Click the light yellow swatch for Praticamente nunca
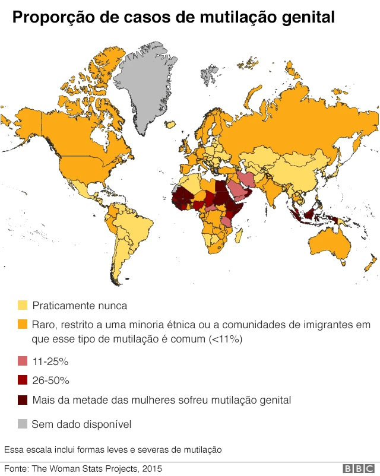point(23,306)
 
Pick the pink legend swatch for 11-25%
point(23,361)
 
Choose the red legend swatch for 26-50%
point(23,380)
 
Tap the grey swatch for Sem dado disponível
point(23,424)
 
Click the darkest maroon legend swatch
point(23,400)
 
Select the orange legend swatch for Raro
point(23,325)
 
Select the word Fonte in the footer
point(16,469)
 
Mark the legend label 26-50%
point(51,380)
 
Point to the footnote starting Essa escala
point(113,450)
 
